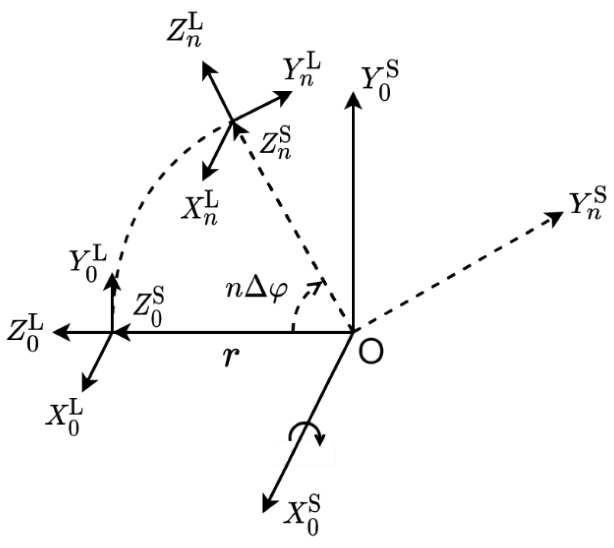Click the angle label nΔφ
pos(256,291)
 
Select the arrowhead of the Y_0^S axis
pos(354,98)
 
